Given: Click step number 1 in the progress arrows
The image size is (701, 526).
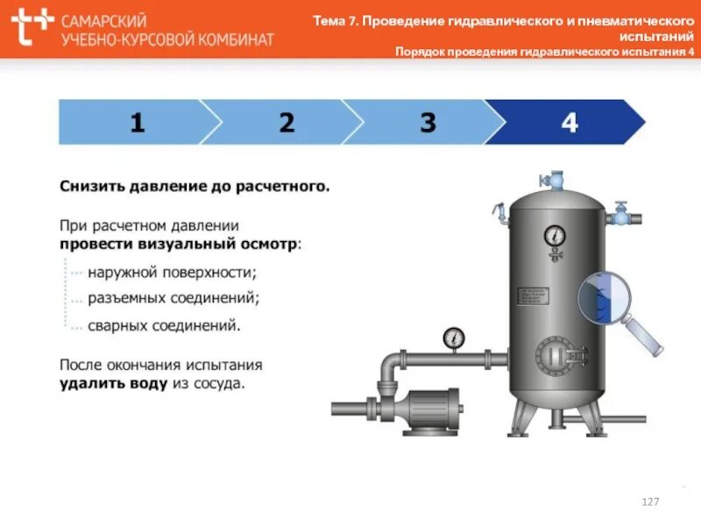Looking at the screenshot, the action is [x=137, y=123].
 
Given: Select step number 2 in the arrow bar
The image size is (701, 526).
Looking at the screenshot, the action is [x=287, y=123].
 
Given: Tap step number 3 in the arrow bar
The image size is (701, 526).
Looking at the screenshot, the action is [x=428, y=123].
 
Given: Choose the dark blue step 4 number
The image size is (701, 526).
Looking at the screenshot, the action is [x=570, y=123].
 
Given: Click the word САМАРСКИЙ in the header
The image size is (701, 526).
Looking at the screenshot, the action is [x=104, y=19].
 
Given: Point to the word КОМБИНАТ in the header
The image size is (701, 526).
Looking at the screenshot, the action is [x=230, y=39].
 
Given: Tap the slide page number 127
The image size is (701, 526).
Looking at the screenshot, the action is [x=650, y=501].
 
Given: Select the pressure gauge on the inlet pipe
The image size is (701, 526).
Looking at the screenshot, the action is [x=454, y=338].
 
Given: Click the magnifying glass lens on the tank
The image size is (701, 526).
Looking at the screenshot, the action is [x=603, y=296].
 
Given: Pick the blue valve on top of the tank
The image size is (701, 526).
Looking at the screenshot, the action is [x=554, y=180].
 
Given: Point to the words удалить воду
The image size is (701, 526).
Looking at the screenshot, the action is [x=113, y=383].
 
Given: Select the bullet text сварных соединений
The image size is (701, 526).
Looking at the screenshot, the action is [x=164, y=325].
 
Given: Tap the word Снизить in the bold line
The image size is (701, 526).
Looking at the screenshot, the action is [x=92, y=187].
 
